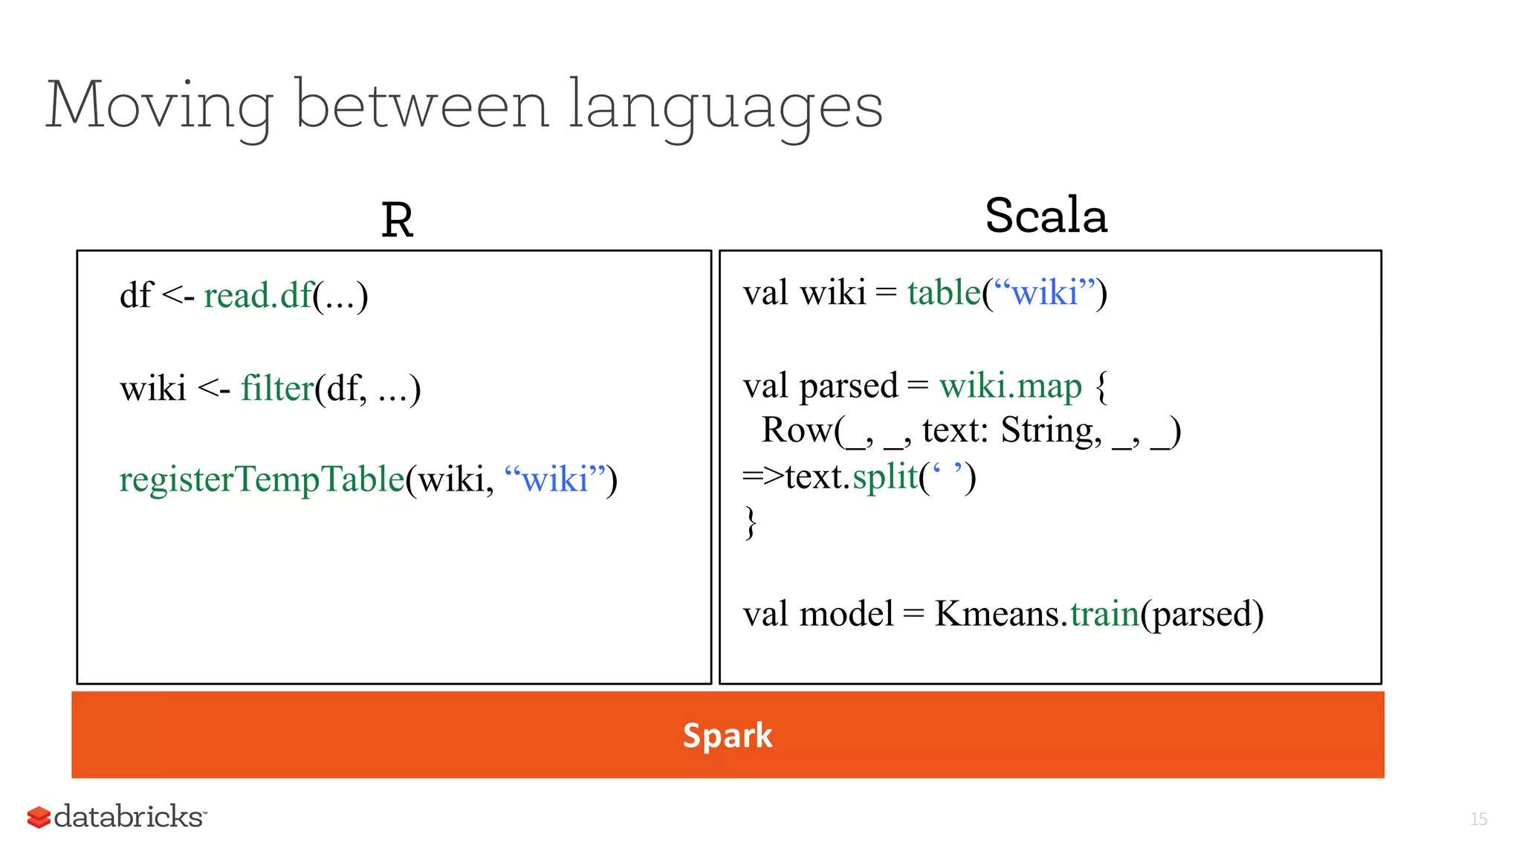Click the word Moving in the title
159,106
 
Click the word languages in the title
725,106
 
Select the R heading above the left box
397,221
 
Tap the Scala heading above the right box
1046,216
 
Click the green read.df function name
257,296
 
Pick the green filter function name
276,389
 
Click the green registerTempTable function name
262,479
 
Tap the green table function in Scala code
944,293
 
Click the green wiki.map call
1010,387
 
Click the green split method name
885,477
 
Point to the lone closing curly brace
751,523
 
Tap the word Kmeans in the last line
996,615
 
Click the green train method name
1104,615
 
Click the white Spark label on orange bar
728,736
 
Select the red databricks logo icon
39,817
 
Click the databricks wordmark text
129,817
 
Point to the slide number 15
1478,819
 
